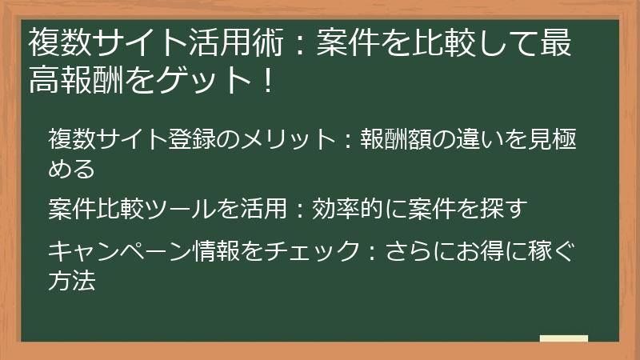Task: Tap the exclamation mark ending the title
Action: tap(266, 80)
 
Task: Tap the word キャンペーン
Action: tap(120, 251)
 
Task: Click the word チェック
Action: tap(310, 251)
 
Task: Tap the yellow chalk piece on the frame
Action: tap(563, 338)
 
